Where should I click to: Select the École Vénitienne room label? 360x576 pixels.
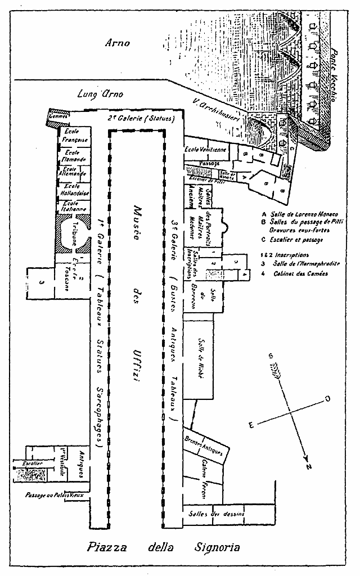pyautogui.click(x=206, y=149)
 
